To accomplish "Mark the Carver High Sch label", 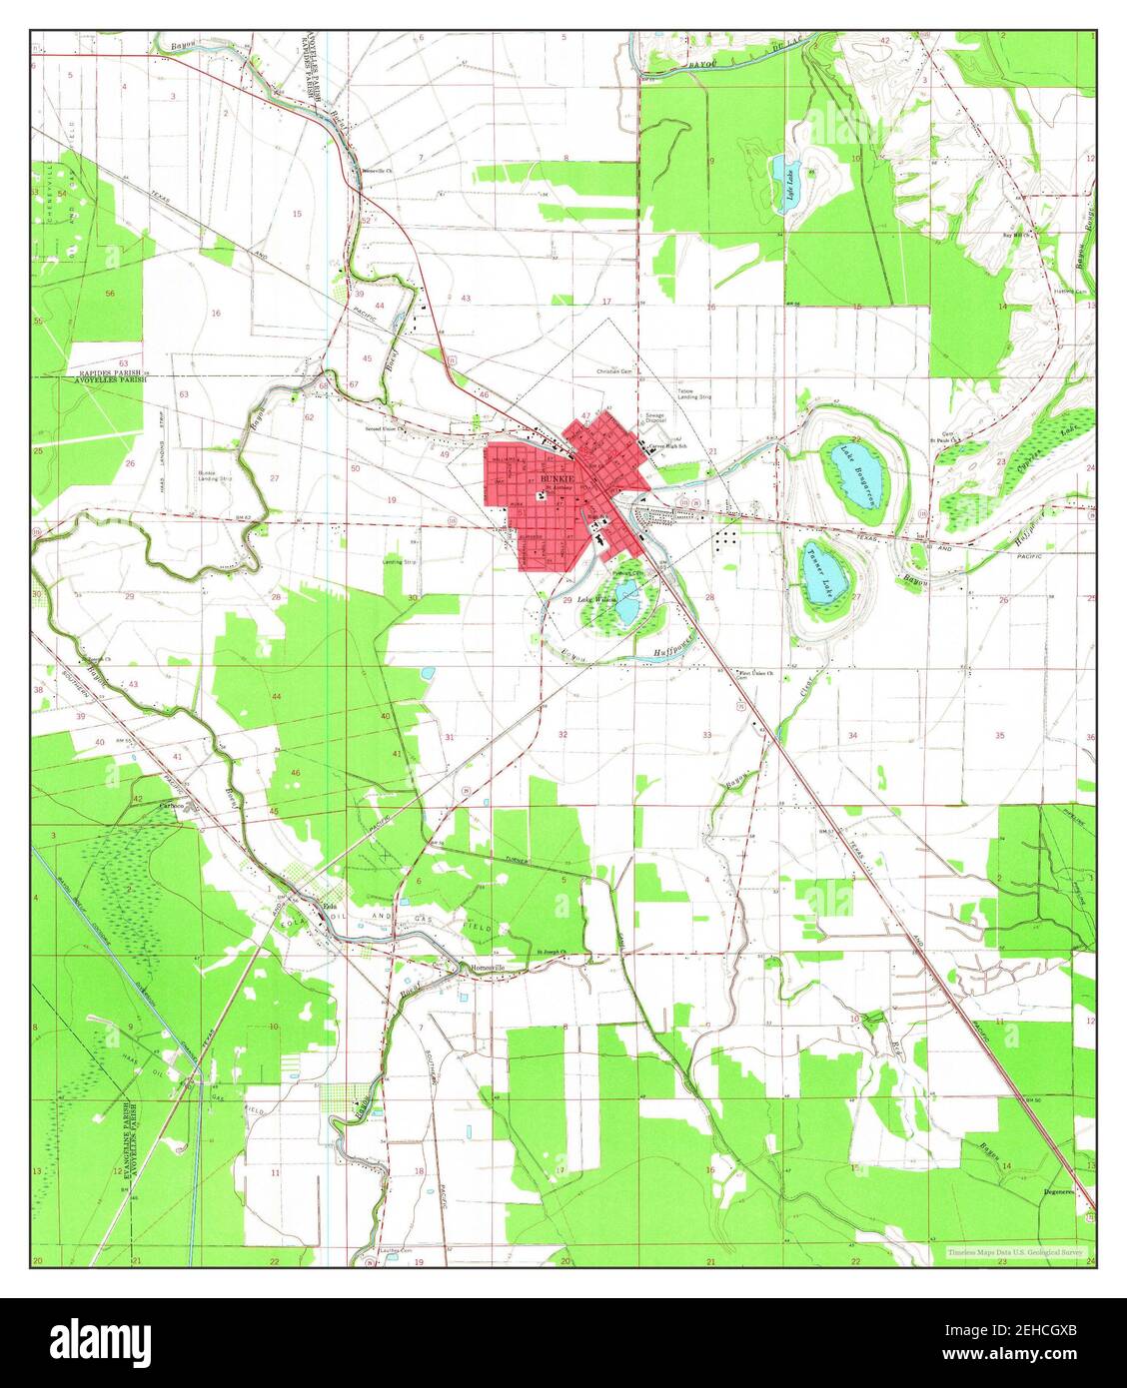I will [670, 446].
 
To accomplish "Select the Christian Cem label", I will [615, 371].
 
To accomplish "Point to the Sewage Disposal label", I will [654, 416].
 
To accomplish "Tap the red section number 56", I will [109, 294].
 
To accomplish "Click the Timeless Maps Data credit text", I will [1013, 1251].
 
